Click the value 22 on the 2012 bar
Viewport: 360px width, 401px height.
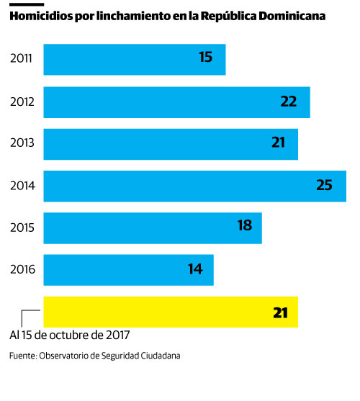click(289, 102)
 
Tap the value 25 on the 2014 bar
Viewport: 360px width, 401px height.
click(324, 185)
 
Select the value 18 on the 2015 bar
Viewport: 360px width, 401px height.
click(245, 226)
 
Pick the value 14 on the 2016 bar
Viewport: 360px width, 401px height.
click(195, 269)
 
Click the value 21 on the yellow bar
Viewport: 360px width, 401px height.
click(280, 312)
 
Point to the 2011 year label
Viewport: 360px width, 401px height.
click(22, 59)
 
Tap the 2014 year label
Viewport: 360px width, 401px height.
click(22, 186)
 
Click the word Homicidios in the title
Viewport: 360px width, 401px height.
click(40, 15)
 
